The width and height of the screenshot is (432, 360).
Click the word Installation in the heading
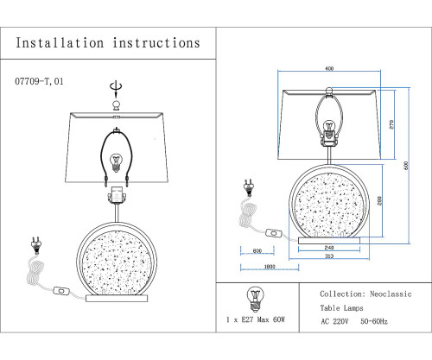[x=60, y=43]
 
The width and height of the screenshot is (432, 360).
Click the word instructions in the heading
[x=156, y=43]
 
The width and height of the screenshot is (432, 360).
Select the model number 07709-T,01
[x=39, y=81]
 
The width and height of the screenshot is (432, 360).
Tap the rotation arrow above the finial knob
[x=116, y=89]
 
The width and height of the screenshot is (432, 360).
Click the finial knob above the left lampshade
[x=116, y=105]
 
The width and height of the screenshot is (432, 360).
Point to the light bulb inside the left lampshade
[x=116, y=162]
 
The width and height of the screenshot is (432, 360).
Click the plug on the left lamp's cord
[x=36, y=246]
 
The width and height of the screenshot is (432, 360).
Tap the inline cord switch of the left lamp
[x=61, y=291]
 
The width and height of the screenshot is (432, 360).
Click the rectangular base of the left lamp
[x=117, y=299]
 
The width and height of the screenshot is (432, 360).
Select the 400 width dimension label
[x=329, y=68]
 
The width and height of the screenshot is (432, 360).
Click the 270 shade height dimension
[x=391, y=124]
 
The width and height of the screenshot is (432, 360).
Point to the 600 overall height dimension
[x=406, y=166]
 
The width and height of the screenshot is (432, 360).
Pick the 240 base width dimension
[x=329, y=248]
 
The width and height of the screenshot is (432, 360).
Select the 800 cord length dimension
[x=257, y=251]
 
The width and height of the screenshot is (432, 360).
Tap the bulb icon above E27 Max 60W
[x=255, y=300]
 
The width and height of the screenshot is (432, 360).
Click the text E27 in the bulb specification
[x=247, y=319]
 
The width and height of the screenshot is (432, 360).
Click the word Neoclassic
[x=391, y=294]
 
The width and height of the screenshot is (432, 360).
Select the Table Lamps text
[x=341, y=308]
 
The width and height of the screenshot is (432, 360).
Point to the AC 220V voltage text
[x=334, y=321]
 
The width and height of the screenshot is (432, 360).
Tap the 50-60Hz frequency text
[x=374, y=321]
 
